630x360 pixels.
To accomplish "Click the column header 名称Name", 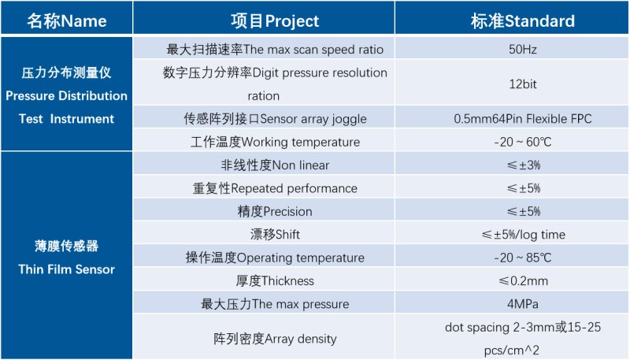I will coord(67,20).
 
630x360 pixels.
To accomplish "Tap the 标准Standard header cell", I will coord(523,20).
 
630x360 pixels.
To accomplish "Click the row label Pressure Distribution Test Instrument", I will coord(67,95).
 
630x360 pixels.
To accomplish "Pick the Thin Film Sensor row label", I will coord(67,258).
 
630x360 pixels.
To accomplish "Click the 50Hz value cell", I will coord(523,49).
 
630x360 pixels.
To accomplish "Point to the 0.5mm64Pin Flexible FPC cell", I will coord(523,119).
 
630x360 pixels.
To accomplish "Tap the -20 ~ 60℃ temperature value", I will coord(523,142).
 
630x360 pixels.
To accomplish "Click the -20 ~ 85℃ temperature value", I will coord(523,258).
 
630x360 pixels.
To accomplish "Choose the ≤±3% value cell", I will coord(523,165).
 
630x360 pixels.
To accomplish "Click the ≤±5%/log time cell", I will coord(523,234).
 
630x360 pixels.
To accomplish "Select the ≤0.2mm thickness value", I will coord(523,280).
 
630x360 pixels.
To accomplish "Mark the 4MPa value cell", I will coord(523,303).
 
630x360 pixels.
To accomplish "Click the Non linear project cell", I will coord(275,165).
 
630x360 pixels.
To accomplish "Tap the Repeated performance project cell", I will coord(275,188).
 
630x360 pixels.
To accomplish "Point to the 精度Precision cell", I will coord(275,211).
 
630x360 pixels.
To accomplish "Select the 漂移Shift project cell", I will coord(275,234).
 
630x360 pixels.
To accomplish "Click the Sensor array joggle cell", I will coord(275,119).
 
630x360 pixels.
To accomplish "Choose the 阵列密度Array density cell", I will coord(275,339).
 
